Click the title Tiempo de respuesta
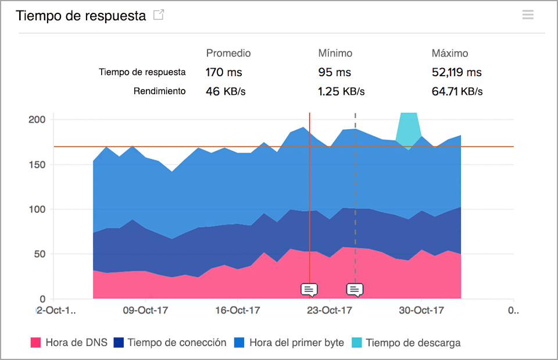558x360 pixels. coord(81,16)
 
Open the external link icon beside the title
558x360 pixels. coord(158,16)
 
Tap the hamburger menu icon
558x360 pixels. coord(528,15)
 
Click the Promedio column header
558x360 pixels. coord(228,53)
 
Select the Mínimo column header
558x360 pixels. coord(335,53)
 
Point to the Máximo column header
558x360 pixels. coord(449,53)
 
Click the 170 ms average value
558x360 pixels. coord(224,73)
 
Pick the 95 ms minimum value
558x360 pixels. coord(334,73)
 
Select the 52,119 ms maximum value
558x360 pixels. coord(456,73)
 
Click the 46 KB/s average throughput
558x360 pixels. coord(226,91)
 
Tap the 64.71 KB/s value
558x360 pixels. coord(457,91)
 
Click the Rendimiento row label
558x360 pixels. coord(159,91)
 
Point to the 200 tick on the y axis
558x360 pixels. coord(37,119)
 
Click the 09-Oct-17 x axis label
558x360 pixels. coord(146,311)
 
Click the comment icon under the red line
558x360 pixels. coord(309,289)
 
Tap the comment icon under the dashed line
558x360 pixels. coord(355,289)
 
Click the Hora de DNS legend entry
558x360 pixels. coord(69,343)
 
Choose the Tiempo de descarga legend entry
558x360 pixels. coord(406,343)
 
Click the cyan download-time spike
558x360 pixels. coord(409,128)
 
